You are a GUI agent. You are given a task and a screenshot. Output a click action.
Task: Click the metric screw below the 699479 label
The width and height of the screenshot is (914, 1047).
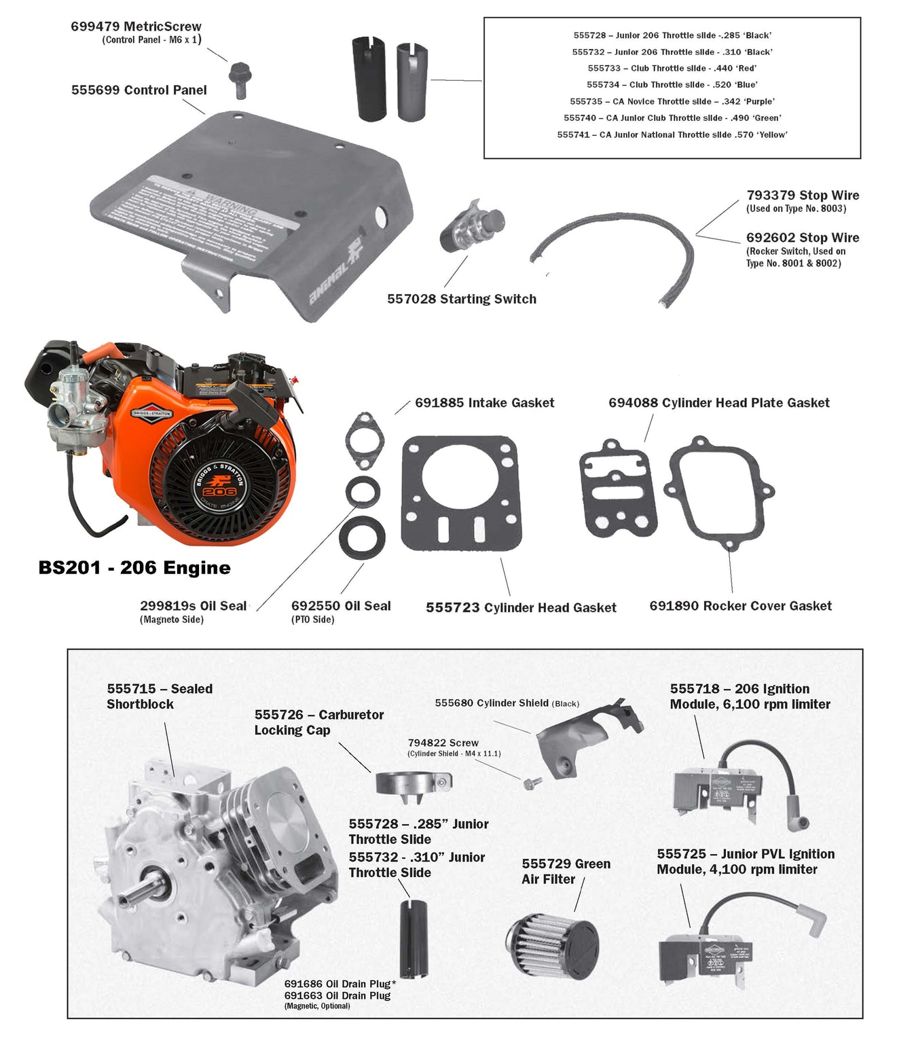(x=238, y=78)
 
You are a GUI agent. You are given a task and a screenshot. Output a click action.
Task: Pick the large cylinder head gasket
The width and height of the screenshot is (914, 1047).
(x=461, y=493)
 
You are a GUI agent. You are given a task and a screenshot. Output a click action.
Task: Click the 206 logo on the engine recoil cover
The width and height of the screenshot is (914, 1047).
(x=219, y=491)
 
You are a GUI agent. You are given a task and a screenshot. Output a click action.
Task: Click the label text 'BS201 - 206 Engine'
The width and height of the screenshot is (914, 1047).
(x=134, y=568)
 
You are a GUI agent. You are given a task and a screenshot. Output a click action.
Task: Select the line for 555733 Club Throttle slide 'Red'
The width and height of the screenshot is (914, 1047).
(x=672, y=68)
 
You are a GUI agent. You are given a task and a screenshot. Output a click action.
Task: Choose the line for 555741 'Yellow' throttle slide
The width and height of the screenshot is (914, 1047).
(x=672, y=135)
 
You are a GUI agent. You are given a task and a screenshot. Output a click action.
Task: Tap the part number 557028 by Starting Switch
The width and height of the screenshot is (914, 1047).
(x=411, y=299)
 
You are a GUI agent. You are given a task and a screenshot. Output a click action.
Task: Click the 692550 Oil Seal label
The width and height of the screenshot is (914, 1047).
(x=341, y=606)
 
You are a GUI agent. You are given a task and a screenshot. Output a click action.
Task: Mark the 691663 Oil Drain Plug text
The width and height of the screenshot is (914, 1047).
(x=337, y=995)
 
